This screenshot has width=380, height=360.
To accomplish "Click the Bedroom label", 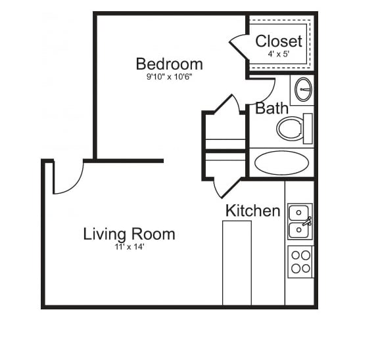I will pos(169,64).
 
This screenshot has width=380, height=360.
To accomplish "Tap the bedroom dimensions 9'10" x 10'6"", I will pos(169,76).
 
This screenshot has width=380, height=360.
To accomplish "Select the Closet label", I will pos(279,41).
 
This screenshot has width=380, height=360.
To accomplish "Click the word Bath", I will pos(271,108).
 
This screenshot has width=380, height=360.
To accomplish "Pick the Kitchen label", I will pos(252,211).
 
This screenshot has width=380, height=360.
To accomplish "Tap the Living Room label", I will pos(129,234).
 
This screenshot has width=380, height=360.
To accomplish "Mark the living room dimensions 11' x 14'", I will pos(129,247).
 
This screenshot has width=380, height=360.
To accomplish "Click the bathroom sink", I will pos(302,90).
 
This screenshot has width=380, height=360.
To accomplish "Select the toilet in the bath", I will pos(290,128).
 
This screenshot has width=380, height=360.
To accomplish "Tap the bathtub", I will pos(281,163).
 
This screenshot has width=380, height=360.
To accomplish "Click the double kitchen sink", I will pos(300,221).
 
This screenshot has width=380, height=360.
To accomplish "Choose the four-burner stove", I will pos(300,261).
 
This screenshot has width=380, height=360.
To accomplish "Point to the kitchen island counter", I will pos(237,263).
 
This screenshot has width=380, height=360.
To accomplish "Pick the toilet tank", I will pos(308,128).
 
